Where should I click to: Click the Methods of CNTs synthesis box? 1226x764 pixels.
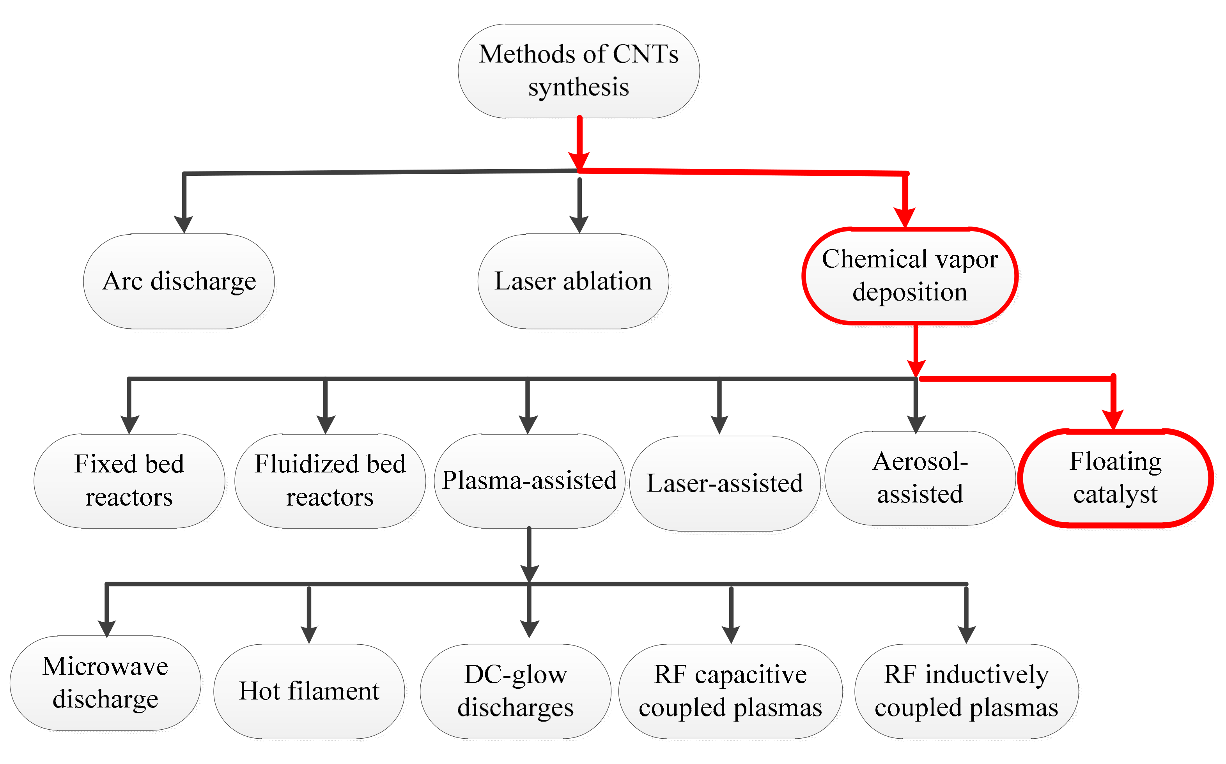click(579, 71)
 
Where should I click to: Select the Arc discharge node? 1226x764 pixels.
click(179, 281)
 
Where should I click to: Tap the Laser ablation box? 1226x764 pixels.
click(573, 281)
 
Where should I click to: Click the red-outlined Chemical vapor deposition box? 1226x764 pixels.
click(910, 275)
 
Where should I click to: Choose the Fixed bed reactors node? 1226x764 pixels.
click(129, 481)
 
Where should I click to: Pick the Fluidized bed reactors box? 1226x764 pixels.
click(330, 481)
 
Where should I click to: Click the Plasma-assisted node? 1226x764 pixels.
click(529, 481)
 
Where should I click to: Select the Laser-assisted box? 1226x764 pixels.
click(725, 483)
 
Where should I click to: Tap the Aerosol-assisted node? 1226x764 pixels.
click(920, 478)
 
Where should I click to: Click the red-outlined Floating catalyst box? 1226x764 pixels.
click(1115, 478)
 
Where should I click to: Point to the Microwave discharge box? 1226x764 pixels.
click(105, 683)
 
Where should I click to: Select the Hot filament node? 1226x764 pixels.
click(309, 691)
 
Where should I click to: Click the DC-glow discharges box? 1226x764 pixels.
click(516, 691)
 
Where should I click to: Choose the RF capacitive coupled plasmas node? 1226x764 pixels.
click(730, 691)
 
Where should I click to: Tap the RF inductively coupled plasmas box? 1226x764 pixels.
click(966, 691)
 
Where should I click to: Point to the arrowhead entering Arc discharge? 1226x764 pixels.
click(184, 224)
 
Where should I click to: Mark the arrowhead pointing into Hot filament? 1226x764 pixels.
click(309, 634)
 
